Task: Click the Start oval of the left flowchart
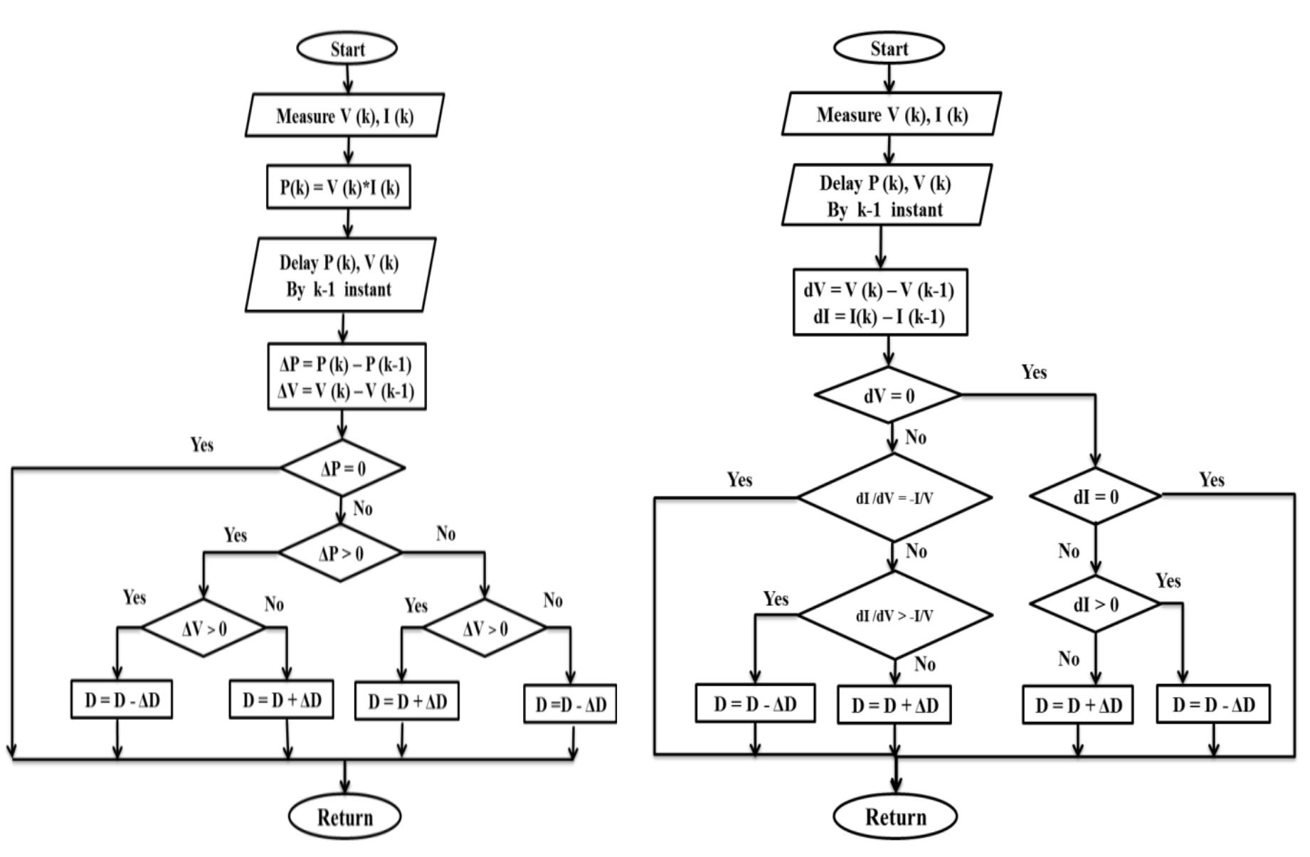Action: pyautogui.click(x=347, y=48)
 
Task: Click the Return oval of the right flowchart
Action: pyautogui.click(x=894, y=816)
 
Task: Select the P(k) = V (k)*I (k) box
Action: pyautogui.click(x=339, y=187)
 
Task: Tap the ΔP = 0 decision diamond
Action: pyautogui.click(x=343, y=468)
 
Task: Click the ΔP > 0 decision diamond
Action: pyautogui.click(x=340, y=553)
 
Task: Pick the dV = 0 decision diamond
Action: pyautogui.click(x=888, y=395)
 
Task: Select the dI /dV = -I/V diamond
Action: pyautogui.click(x=894, y=497)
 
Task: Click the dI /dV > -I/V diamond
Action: pyautogui.click(x=894, y=615)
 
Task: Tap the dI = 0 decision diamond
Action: pyautogui.click(x=1095, y=496)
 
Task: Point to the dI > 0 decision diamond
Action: pyautogui.click(x=1095, y=604)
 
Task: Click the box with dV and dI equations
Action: pyautogui.click(x=880, y=302)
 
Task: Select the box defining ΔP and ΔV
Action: pyautogui.click(x=347, y=377)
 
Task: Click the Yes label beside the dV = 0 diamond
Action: pyautogui.click(x=1033, y=372)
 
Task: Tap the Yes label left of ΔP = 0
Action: pyautogui.click(x=201, y=445)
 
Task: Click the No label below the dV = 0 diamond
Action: pyautogui.click(x=915, y=437)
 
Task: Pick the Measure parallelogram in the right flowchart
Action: pyautogui.click(x=891, y=114)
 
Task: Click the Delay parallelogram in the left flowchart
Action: pyautogui.click(x=340, y=275)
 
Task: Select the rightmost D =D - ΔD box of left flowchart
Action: pyautogui.click(x=570, y=704)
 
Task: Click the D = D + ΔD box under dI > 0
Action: pyautogui.click(x=1077, y=705)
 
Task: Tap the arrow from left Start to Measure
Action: pyautogui.click(x=347, y=78)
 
